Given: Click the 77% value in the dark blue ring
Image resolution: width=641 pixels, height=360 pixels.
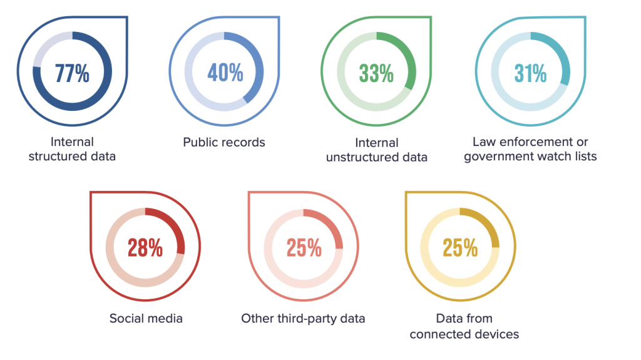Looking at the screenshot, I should click(72, 73).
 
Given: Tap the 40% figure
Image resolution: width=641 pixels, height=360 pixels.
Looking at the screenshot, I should click(225, 73).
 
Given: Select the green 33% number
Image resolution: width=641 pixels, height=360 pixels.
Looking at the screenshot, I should click(376, 73).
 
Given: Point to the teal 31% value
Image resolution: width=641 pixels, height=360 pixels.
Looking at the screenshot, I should click(530, 73).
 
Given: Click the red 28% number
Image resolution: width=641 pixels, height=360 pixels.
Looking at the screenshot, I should click(145, 248).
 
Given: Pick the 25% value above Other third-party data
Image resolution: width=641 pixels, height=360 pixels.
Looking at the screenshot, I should click(304, 248).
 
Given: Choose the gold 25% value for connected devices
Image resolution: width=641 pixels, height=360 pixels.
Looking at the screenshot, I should click(460, 248).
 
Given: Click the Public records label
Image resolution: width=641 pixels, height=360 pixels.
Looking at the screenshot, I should click(224, 143).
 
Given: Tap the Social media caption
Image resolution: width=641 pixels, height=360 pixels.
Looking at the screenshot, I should click(146, 319).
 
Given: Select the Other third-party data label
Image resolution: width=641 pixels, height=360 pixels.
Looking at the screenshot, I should click(303, 319).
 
